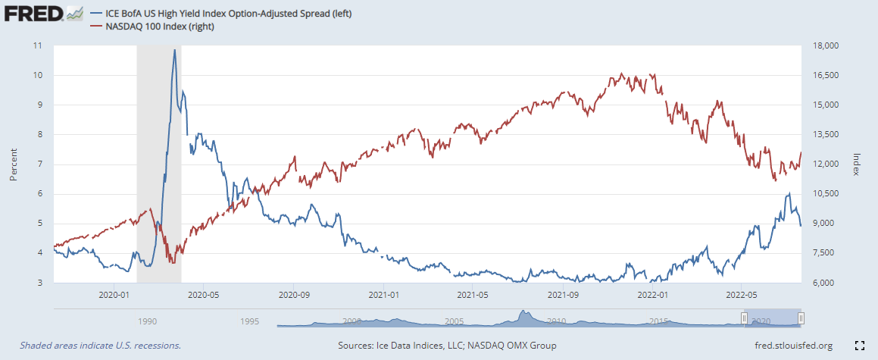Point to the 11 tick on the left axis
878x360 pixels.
click(x=37, y=46)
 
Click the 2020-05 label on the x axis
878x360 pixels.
click(x=202, y=294)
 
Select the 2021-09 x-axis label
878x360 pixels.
click(x=563, y=294)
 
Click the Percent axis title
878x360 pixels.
click(x=14, y=164)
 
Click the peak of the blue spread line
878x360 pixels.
click(x=175, y=51)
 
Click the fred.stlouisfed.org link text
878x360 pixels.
click(x=789, y=346)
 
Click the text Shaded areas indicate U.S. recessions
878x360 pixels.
click(x=101, y=346)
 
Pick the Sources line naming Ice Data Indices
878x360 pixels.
click(x=447, y=346)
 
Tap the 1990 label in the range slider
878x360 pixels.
click(x=147, y=321)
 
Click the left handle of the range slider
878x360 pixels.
click(x=744, y=318)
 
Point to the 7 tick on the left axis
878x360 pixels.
click(x=39, y=164)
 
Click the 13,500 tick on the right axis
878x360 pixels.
click(x=823, y=135)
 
